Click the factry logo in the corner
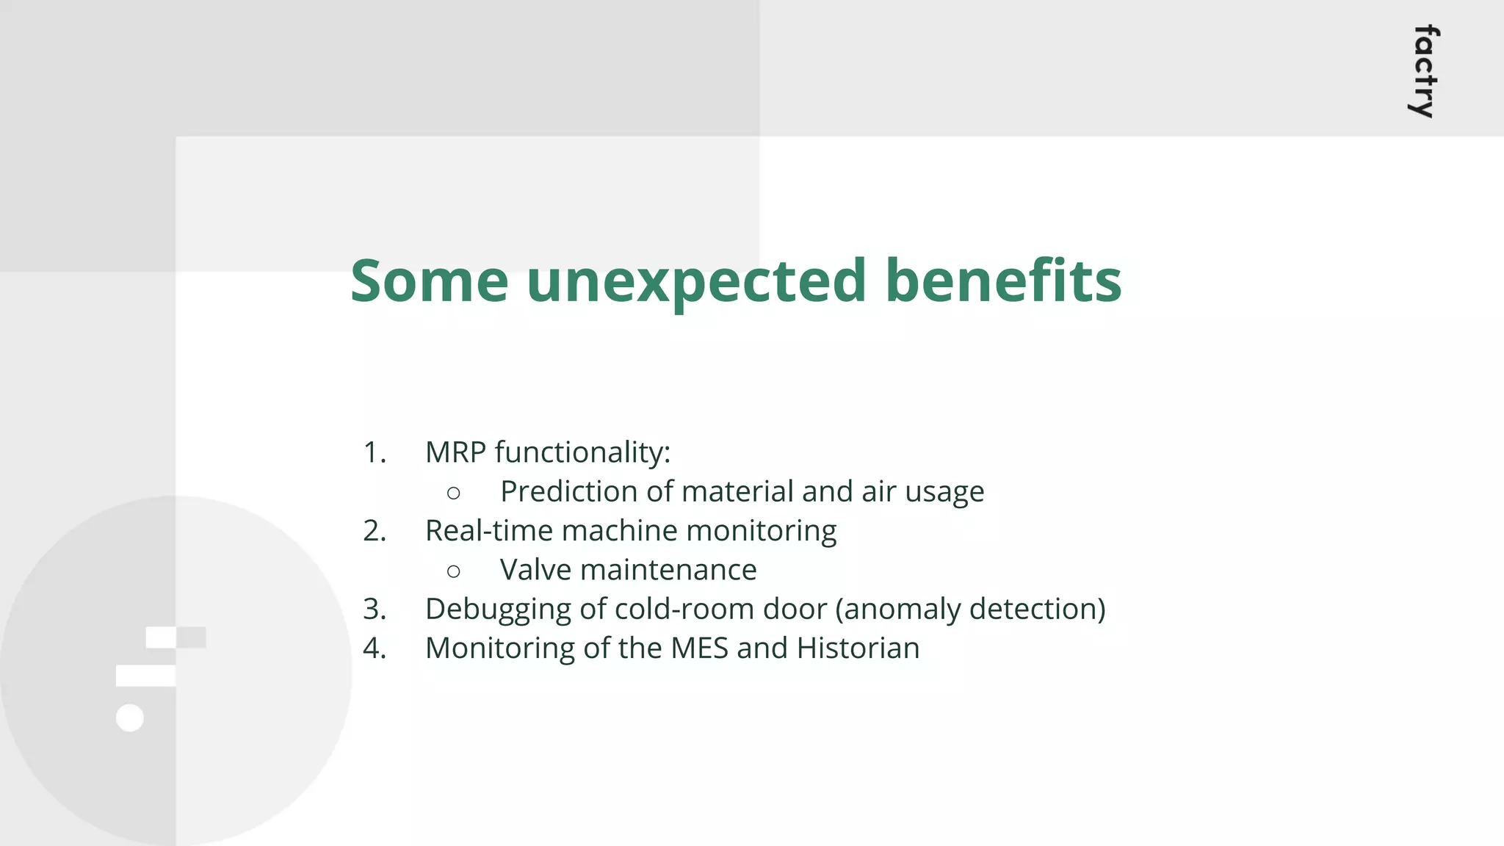coord(1425,72)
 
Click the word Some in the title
coord(429,281)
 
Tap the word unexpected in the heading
coord(696,283)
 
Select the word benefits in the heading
coord(1003,281)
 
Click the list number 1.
coord(375,452)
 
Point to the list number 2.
coord(375,531)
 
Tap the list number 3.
coord(375,610)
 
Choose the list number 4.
coord(375,648)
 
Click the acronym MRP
coord(455,452)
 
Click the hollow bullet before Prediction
coord(454,493)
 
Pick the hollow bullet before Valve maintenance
coord(454,571)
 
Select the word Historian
coord(858,648)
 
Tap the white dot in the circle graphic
coord(130,717)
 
